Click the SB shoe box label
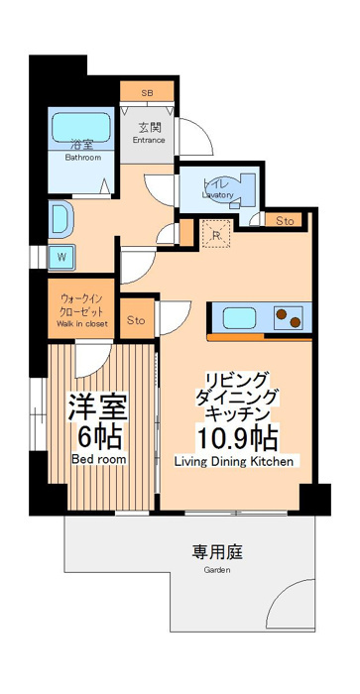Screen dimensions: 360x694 (147, 93)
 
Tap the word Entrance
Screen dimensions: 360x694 (149, 141)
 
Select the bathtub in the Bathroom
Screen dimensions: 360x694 (81, 127)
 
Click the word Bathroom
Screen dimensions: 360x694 (83, 157)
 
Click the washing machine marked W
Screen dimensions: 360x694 (61, 257)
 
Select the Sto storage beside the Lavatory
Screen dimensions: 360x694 (285, 221)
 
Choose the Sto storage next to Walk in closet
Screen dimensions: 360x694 (136, 320)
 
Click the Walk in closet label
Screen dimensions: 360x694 (82, 323)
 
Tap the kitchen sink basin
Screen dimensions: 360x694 (239, 318)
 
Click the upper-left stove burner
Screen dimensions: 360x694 (281, 314)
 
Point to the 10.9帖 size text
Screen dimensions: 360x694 (238, 438)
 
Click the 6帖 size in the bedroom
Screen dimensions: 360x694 (99, 437)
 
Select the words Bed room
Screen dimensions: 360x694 (99, 459)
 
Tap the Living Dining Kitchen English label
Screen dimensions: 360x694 (234, 462)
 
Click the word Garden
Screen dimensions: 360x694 (217, 570)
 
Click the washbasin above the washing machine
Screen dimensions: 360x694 (60, 219)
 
